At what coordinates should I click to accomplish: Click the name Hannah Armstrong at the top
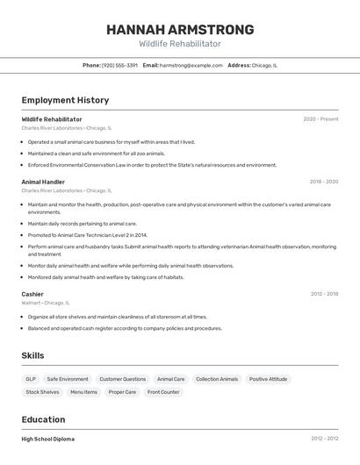point(180,30)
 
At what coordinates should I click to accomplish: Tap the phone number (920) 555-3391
point(119,65)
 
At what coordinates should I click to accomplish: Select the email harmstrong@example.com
point(191,65)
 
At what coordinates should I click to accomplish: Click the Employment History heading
point(65,100)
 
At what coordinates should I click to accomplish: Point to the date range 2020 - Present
point(320,119)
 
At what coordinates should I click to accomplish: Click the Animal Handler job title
point(43,182)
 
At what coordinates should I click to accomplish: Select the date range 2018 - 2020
point(323,182)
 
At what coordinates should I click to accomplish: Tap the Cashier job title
point(32,294)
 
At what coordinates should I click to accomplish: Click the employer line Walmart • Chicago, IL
point(46,303)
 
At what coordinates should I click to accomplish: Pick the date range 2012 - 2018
point(323,294)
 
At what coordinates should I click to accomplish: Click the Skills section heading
point(33,355)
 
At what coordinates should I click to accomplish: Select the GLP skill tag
point(31,379)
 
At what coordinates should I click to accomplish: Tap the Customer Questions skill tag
point(123,379)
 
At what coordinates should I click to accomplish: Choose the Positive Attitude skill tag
point(268,379)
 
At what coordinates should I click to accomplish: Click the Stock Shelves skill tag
point(42,392)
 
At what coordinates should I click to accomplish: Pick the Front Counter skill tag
point(163,392)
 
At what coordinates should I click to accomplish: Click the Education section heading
point(43,419)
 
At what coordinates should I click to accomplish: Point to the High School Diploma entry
point(48,439)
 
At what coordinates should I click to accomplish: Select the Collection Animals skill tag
point(217,379)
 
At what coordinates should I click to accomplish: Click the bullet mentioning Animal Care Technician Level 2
point(88,235)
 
